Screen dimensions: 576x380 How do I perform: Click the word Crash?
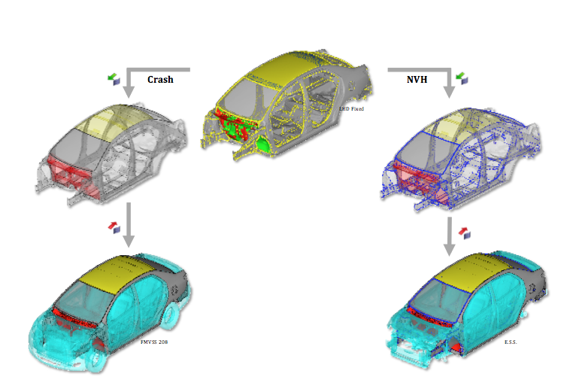[x=160, y=79]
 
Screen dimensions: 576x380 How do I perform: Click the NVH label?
[x=417, y=79]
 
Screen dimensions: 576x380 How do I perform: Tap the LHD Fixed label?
[x=352, y=109]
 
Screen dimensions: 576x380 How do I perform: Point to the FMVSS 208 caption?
[x=154, y=342]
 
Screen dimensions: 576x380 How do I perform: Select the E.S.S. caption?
[x=511, y=342]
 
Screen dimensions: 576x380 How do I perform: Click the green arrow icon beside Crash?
[x=114, y=79]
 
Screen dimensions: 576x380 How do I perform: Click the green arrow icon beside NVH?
[x=462, y=78]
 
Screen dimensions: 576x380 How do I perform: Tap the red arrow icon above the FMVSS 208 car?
[x=114, y=227]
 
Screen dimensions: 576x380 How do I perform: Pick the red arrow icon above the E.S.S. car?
[x=465, y=233]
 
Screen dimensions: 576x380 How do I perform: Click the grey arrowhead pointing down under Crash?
[x=129, y=92]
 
